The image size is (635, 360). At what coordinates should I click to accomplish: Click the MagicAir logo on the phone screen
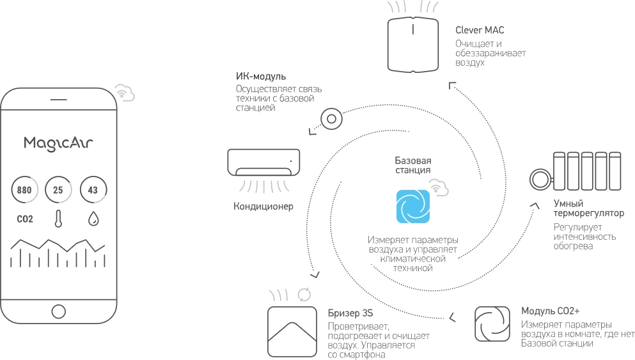click(58, 143)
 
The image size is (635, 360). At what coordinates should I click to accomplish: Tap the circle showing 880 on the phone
click(24, 189)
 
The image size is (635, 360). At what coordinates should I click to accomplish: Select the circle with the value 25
click(58, 189)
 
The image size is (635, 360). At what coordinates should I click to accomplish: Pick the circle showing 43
click(93, 189)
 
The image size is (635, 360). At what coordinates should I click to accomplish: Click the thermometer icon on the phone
click(58, 219)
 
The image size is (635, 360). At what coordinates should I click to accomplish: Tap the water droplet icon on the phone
click(93, 219)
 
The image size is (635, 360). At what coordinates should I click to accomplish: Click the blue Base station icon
click(412, 206)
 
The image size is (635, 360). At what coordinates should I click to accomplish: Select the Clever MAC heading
click(480, 30)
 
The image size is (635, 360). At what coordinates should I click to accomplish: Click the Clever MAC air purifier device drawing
click(412, 45)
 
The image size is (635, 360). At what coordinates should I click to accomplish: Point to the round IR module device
click(331, 119)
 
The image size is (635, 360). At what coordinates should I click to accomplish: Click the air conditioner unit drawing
click(263, 162)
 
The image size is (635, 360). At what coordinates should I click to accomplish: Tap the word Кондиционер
click(263, 206)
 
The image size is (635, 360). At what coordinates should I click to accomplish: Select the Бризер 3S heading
click(350, 313)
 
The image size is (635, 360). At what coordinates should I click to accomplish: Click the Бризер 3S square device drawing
click(292, 331)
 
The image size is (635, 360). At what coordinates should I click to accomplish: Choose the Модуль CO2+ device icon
click(492, 324)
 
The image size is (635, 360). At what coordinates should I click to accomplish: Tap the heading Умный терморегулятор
click(589, 208)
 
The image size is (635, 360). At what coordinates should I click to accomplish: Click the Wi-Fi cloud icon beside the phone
click(124, 93)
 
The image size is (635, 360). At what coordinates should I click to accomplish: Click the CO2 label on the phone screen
click(25, 219)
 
